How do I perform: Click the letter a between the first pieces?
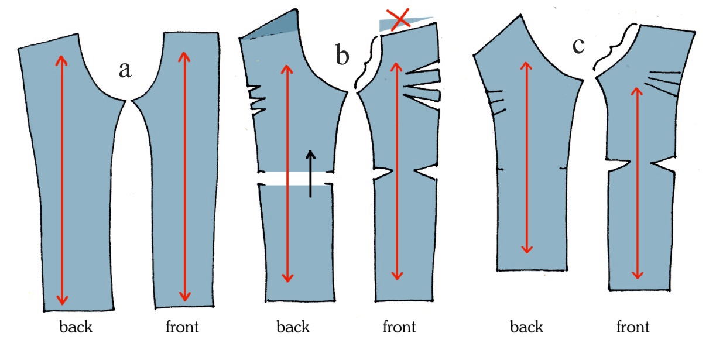125,70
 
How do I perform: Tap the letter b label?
343,55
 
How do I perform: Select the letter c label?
578,45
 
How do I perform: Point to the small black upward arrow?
311,173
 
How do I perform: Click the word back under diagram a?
76,327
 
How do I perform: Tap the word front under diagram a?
183,327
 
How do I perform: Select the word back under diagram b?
293,327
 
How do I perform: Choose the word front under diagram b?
399,327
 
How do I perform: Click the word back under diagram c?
526,327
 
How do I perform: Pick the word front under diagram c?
633,327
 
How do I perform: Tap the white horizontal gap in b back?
293,178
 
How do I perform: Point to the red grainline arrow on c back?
527,158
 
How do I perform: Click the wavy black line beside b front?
367,63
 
